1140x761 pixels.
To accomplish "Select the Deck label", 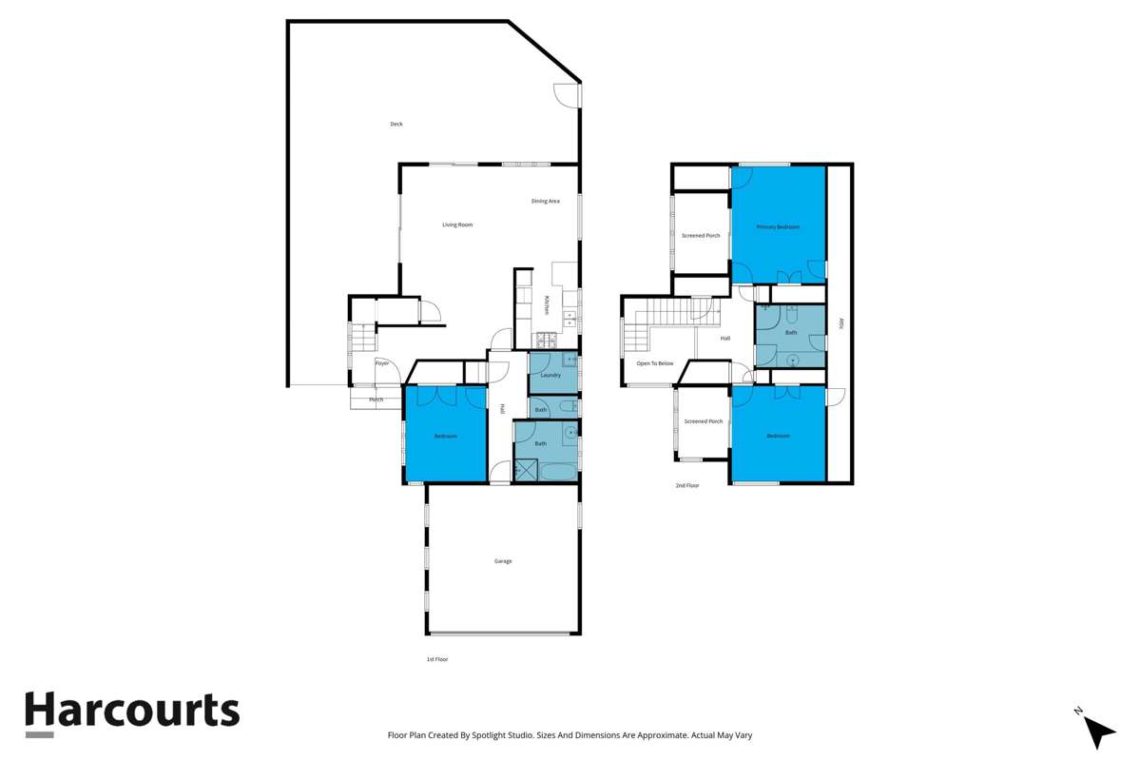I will click(396, 124).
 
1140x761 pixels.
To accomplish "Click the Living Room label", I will click(457, 224).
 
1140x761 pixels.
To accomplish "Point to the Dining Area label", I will click(546, 201).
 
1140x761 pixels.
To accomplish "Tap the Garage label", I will click(503, 561).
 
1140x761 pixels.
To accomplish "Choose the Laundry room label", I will click(550, 375).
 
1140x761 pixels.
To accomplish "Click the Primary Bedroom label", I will click(778, 227).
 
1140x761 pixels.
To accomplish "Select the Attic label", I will click(841, 323).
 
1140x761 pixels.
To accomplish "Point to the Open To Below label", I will click(655, 363).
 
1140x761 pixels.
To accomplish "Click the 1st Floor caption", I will click(436, 658).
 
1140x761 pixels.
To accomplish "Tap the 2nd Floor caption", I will click(686, 485).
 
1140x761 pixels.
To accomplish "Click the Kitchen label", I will click(547, 305).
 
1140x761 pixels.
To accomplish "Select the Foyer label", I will click(381, 363).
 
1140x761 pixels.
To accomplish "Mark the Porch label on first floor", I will click(377, 400).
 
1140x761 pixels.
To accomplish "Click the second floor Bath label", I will click(790, 333).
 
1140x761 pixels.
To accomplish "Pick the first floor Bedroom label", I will click(445, 436).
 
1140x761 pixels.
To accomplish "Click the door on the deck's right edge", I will click(568, 95).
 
